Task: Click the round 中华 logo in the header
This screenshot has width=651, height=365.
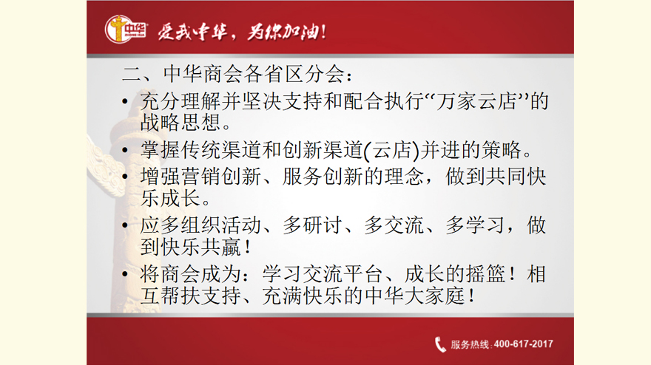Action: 125,29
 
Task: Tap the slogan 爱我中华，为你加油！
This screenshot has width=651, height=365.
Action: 242,32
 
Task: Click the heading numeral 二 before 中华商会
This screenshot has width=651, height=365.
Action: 132,75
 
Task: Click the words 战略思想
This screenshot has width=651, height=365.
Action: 181,123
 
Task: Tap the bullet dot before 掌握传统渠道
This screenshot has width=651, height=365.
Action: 125,150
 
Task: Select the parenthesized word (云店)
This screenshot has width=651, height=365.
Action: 391,150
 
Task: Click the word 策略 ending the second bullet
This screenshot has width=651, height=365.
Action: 502,150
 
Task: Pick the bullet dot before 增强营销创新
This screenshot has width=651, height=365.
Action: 125,177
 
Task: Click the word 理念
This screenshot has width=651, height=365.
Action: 405,177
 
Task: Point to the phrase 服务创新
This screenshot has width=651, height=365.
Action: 323,177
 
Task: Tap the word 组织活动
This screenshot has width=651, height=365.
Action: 221,225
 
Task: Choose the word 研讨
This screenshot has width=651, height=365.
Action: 323,225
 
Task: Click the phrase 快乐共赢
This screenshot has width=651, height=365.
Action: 201,248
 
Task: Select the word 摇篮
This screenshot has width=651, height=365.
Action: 486,274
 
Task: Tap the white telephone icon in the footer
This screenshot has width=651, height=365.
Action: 440,344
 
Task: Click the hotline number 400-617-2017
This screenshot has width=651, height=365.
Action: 524,344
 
